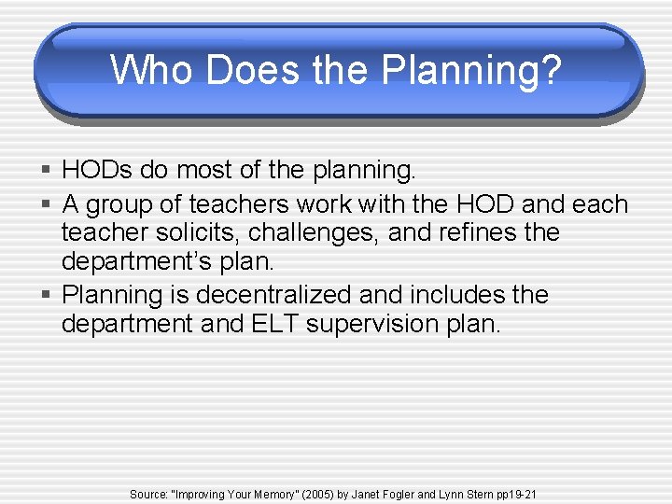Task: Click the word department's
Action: click(x=135, y=261)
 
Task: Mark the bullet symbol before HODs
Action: click(x=47, y=171)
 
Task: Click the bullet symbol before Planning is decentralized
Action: click(x=47, y=296)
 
